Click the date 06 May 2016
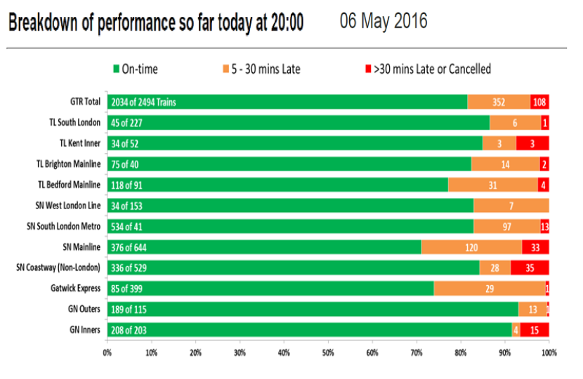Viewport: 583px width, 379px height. tap(384, 21)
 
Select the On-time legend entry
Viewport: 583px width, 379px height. tap(136, 69)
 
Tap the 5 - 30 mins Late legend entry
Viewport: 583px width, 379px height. tap(261, 69)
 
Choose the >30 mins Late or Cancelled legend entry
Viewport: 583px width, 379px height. tap(428, 69)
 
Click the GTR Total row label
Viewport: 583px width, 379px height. tap(85, 102)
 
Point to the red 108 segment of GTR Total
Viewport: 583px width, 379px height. tap(539, 102)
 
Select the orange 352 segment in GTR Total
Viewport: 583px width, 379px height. tap(499, 102)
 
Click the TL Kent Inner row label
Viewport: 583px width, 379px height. tap(80, 143)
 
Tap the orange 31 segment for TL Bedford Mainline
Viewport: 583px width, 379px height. tap(493, 185)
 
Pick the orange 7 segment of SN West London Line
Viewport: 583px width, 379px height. tap(511, 206)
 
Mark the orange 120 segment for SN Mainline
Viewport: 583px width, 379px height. tap(471, 247)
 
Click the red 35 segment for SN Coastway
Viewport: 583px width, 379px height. tap(530, 268)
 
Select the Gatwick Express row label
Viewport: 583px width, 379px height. tap(75, 288)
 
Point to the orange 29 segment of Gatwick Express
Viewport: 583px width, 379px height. tap(490, 288)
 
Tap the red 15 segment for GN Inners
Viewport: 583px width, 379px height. tap(535, 331)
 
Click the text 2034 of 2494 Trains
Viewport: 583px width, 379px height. tap(143, 102)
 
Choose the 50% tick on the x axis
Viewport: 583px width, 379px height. tap(328, 352)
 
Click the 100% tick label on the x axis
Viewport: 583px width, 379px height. tap(549, 352)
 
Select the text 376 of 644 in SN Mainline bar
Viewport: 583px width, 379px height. tap(129, 248)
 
